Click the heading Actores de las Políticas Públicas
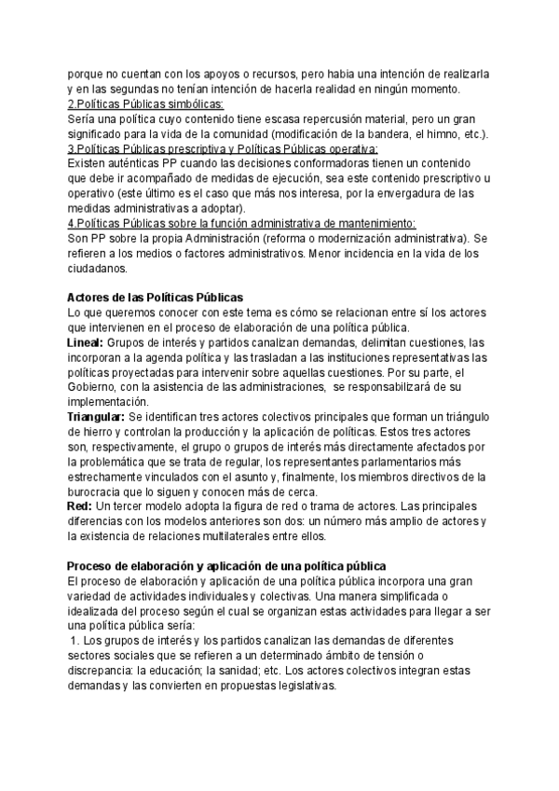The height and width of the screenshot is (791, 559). (x=155, y=297)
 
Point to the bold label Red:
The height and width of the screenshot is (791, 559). (x=81, y=505)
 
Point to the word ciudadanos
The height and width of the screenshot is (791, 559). (x=99, y=269)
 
